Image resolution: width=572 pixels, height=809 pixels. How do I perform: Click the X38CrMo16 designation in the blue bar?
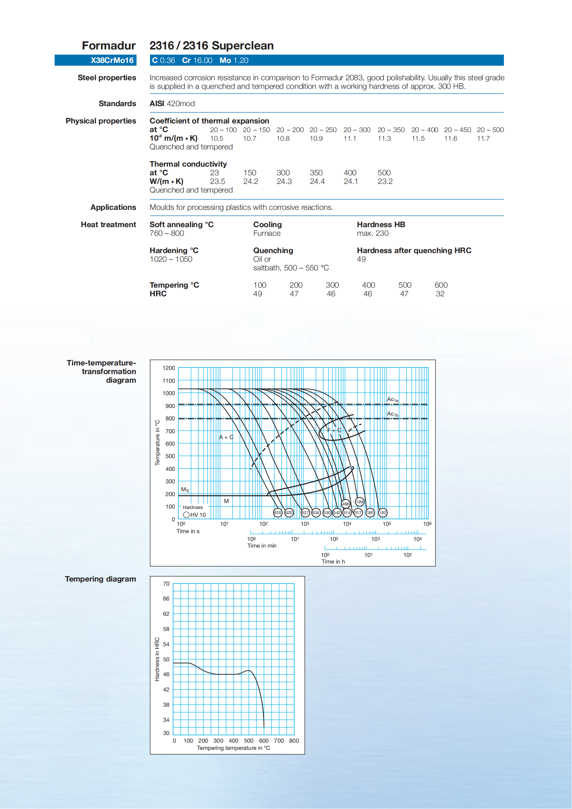112,60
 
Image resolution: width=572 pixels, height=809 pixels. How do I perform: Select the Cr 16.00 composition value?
197,60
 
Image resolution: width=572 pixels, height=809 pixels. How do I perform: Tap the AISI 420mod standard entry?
172,104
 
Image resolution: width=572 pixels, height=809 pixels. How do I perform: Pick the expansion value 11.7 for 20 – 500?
483,139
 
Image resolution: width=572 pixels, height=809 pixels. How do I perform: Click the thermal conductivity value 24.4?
317,182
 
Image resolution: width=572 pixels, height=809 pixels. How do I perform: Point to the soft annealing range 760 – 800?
167,233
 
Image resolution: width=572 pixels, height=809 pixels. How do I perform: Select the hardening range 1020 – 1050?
171,259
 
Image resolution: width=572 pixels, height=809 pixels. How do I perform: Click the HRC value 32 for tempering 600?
440,294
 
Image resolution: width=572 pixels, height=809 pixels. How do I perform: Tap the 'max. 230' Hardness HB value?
372,233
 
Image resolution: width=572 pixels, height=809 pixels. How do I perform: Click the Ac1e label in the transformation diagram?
392,400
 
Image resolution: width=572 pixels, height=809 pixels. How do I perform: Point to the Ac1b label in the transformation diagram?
392,414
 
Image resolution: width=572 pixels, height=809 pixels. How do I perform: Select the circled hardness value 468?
346,504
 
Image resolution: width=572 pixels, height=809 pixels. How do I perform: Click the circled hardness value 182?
383,513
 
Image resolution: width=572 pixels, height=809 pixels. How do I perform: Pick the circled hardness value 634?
316,513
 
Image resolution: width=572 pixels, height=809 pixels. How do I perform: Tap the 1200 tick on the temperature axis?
168,368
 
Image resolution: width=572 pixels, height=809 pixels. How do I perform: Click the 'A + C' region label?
226,437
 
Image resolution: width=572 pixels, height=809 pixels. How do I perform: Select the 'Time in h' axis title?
333,562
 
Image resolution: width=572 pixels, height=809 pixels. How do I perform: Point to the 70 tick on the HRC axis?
166,584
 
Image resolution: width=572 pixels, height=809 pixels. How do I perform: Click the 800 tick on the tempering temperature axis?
294,741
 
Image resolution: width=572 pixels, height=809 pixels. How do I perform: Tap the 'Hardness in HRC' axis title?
157,659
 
